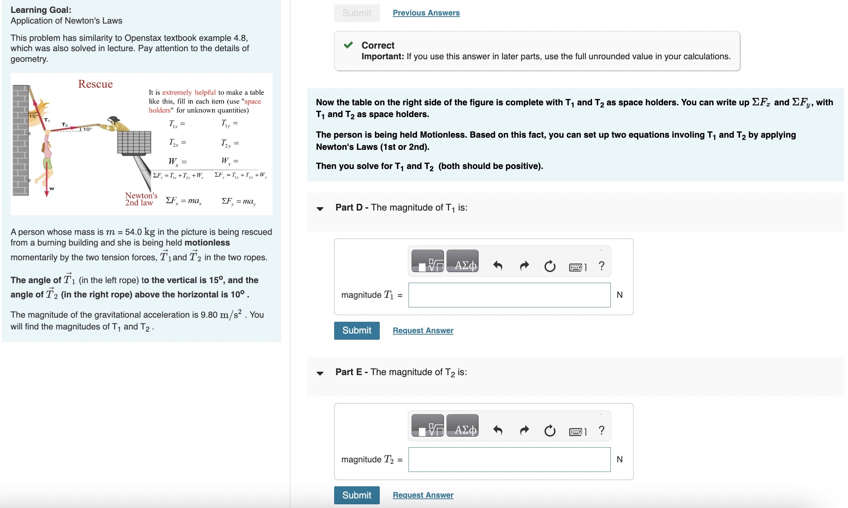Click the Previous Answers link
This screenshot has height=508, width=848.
(426, 13)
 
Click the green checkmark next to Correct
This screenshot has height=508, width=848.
(348, 45)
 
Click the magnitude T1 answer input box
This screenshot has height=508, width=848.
(509, 295)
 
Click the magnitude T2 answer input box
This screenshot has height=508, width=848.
(509, 459)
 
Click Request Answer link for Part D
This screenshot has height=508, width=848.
(423, 331)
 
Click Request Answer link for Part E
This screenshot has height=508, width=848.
(423, 495)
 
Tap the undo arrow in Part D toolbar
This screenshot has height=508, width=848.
(498, 265)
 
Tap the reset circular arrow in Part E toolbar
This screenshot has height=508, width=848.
(550, 430)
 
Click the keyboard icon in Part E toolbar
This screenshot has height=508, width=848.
(577, 431)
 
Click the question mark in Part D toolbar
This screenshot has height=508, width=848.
(602, 265)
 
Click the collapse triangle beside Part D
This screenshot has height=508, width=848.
(320, 209)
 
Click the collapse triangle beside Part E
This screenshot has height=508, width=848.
(320, 373)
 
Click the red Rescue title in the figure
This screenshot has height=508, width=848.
(95, 84)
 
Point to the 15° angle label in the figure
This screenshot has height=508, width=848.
(33, 116)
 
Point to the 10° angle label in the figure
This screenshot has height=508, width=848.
(87, 129)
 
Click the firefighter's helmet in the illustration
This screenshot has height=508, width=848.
(114, 119)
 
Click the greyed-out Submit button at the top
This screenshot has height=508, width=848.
(357, 13)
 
